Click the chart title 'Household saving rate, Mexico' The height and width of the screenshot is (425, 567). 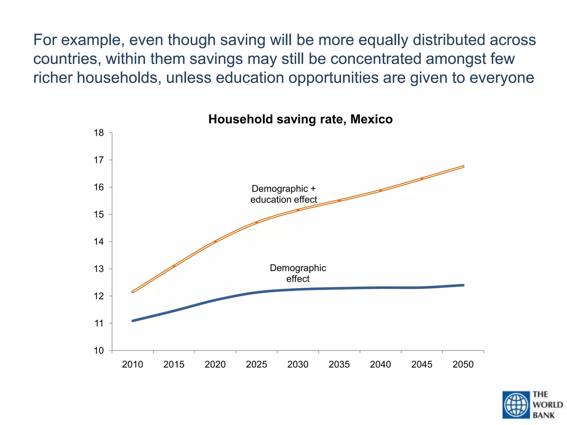click(300, 119)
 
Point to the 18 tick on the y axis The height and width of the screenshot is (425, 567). click(99, 133)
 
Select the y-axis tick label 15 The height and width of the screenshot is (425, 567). click(99, 214)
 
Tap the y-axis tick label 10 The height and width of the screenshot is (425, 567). click(99, 351)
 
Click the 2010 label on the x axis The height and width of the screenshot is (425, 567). click(132, 364)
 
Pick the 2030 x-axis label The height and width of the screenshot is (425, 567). click(298, 364)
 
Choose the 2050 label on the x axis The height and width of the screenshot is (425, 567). click(463, 364)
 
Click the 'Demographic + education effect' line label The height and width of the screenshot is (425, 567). click(283, 194)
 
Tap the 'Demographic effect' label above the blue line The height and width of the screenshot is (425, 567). click(298, 273)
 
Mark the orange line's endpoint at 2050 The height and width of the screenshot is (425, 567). click(463, 167)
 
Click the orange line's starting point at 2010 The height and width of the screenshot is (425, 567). click(133, 292)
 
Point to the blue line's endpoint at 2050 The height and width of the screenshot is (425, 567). click(463, 285)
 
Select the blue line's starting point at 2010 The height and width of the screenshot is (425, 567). click(133, 321)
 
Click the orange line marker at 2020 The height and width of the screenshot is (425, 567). click(215, 242)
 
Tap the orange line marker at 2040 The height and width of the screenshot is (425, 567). click(380, 190)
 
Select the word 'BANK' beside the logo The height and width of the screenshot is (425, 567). click(544, 415)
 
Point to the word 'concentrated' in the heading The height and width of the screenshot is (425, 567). click(376, 59)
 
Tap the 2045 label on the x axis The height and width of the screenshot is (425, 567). click(422, 364)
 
